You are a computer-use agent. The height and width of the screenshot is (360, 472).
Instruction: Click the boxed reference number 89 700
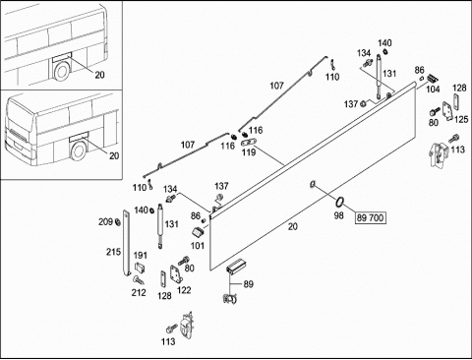370,217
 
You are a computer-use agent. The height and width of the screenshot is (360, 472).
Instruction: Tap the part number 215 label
113,252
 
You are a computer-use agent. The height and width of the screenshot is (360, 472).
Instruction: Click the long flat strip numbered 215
127,243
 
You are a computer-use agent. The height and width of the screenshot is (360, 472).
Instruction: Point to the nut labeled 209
117,222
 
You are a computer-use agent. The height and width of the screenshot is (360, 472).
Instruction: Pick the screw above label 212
139,280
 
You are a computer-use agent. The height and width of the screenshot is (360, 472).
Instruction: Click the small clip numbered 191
140,268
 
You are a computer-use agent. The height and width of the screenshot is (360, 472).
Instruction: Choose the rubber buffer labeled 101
198,232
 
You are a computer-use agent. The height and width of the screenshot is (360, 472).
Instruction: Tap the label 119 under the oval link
249,152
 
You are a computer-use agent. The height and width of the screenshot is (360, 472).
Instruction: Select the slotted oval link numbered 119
249,143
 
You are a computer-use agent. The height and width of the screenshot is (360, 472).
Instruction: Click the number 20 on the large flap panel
293,226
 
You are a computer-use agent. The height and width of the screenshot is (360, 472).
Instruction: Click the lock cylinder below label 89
230,298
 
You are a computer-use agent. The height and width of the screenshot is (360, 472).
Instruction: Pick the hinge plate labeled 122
176,273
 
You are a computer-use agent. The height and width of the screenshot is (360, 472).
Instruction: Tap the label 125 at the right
461,119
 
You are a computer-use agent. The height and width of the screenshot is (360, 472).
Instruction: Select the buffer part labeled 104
433,79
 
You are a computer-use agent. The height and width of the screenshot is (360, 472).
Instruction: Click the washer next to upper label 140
385,51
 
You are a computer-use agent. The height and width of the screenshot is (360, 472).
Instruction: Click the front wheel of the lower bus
79,151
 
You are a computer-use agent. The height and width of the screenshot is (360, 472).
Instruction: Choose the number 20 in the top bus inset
99,75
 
